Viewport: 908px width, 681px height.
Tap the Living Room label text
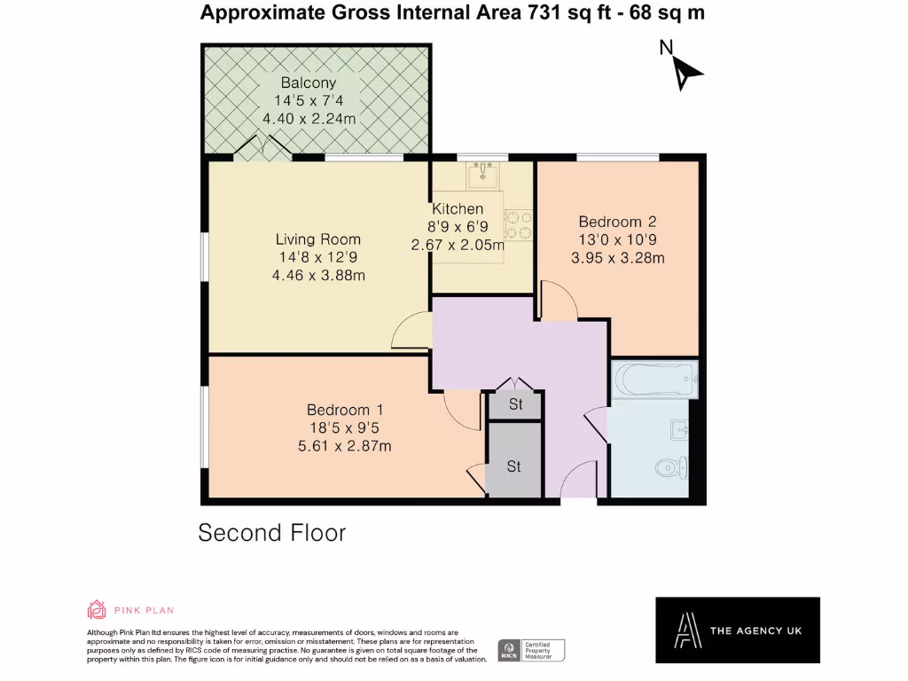coord(317,239)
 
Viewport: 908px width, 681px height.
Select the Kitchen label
coord(458,209)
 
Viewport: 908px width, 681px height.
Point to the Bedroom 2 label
coord(617,222)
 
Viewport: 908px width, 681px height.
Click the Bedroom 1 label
coord(345,410)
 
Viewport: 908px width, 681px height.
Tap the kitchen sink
coord(482,175)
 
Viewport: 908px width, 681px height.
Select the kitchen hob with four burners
coord(518,225)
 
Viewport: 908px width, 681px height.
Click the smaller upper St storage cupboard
coord(515,405)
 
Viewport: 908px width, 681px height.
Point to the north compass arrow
coord(685,71)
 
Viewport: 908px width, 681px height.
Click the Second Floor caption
coord(271,533)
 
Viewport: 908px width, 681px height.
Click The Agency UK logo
coord(737,630)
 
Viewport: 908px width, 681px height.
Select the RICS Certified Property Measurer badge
coord(530,650)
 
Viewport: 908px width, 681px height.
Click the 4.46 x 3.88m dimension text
coord(318,276)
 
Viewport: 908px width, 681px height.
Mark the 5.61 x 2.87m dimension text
coord(345,446)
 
